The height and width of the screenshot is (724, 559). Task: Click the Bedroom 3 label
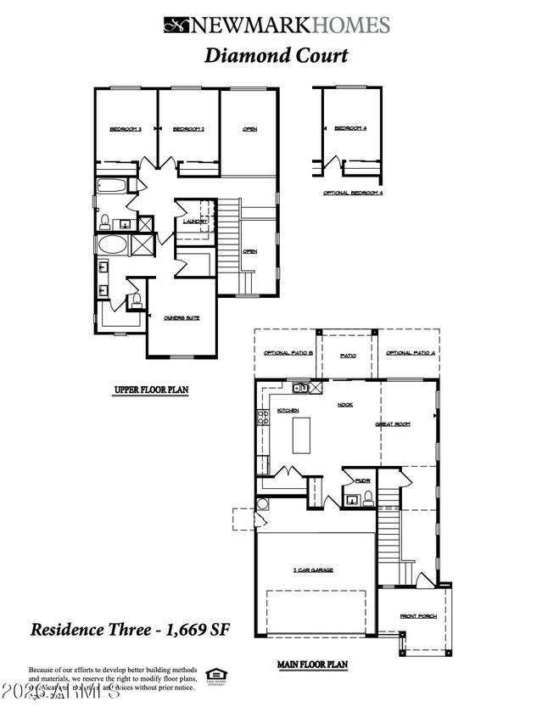click(x=126, y=129)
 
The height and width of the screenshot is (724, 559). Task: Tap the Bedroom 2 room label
click(x=188, y=129)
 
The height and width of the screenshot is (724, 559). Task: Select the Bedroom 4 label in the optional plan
click(x=350, y=128)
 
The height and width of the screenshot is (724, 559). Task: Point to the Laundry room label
click(x=194, y=222)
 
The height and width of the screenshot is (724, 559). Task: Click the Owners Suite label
click(x=182, y=317)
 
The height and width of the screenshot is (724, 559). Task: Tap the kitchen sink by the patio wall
click(x=300, y=389)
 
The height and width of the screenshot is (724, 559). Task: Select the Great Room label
click(x=394, y=424)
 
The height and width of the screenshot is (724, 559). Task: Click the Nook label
click(x=345, y=405)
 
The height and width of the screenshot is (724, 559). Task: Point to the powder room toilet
click(x=368, y=499)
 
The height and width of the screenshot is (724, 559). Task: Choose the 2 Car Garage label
click(x=312, y=570)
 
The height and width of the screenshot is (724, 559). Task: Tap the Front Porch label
click(x=419, y=616)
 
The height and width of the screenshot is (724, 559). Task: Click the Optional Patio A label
click(x=411, y=353)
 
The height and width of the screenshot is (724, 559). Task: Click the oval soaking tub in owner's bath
click(x=110, y=247)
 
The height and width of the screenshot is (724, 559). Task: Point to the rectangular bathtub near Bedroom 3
click(x=110, y=187)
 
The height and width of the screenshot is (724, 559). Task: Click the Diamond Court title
click(x=277, y=56)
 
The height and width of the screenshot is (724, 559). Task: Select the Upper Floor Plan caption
click(x=151, y=391)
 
